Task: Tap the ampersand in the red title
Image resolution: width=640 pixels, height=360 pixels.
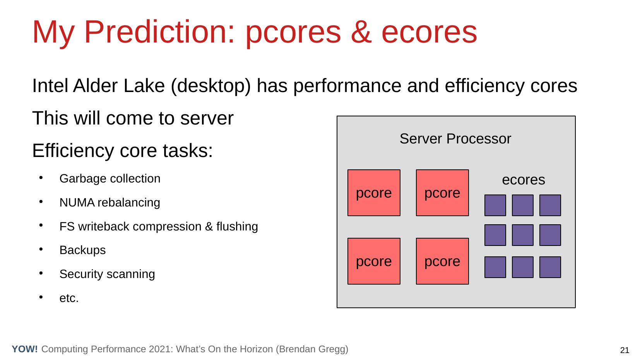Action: coord(361,32)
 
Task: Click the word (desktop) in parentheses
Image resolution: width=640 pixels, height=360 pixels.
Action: coord(211,87)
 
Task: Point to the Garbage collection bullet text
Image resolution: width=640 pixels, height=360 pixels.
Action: coord(110,179)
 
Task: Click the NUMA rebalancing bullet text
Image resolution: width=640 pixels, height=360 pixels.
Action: coord(110,202)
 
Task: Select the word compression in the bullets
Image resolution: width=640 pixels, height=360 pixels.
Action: coord(167,227)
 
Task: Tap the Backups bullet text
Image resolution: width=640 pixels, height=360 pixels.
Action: coord(82,250)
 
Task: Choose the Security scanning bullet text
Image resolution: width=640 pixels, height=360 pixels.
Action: coord(107,274)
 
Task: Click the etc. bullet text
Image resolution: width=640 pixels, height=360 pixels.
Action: coord(69,298)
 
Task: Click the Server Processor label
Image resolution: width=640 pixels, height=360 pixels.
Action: coord(455,139)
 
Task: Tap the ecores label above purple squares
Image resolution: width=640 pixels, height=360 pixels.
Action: coord(524,180)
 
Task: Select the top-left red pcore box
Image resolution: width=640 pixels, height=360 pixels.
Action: coord(374,193)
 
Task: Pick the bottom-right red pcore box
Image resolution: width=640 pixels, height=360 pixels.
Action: coord(442,261)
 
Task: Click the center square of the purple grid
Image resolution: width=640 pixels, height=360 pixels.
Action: coord(523,235)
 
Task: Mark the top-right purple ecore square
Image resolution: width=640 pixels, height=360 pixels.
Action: coord(550,205)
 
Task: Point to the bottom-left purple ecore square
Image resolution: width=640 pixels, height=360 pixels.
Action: coord(495,267)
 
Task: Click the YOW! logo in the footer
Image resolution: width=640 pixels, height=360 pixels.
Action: coord(25,349)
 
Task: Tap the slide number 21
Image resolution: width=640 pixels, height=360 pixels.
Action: coord(625,350)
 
